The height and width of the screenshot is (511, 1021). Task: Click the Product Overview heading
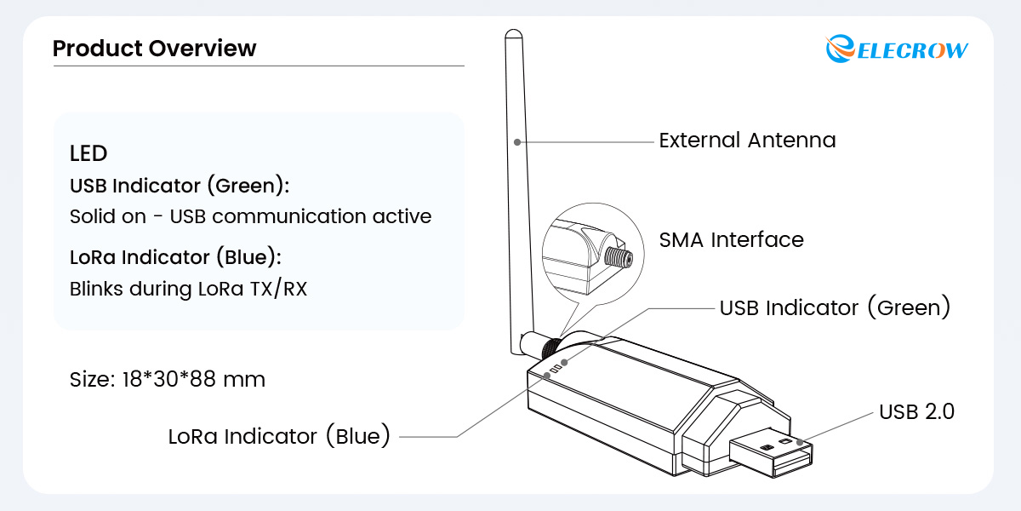(155, 49)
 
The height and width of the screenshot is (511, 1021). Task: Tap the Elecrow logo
(897, 49)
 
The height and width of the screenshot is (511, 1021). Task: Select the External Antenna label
(748, 140)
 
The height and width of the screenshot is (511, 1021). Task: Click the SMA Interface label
(732, 240)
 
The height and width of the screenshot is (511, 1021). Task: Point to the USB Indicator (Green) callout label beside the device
(835, 307)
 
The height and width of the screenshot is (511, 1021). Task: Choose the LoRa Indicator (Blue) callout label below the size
(279, 436)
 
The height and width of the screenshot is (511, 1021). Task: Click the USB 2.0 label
(916, 411)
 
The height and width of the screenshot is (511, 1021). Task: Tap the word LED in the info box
(88, 153)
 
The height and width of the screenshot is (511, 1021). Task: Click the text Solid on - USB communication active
(251, 216)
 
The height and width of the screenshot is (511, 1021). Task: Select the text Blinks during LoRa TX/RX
(188, 289)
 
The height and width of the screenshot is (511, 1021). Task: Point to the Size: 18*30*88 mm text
(168, 379)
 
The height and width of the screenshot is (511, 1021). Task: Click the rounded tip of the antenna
(514, 33)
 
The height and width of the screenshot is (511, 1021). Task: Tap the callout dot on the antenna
(517, 142)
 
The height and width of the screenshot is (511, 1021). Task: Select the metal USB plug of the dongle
(771, 452)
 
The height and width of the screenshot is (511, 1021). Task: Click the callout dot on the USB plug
(800, 442)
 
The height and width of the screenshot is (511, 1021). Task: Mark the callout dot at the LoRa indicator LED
(547, 376)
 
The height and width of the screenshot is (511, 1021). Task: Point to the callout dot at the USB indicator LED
(564, 362)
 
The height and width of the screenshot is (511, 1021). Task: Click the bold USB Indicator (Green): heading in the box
(180, 186)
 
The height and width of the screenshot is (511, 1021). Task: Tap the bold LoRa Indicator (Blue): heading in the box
(175, 257)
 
